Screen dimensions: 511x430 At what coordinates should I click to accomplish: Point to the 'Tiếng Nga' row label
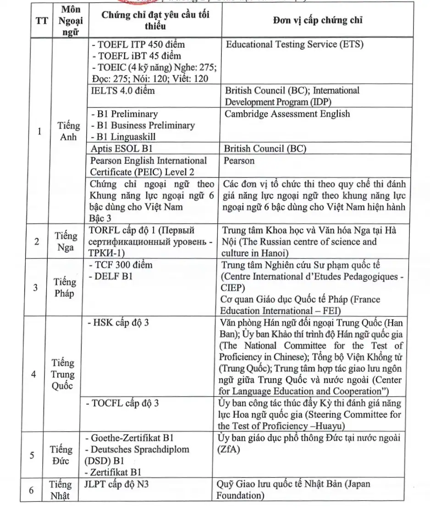66,242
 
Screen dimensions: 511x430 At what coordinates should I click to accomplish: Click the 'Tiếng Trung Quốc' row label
63,374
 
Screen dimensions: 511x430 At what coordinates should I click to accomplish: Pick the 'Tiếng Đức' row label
62,455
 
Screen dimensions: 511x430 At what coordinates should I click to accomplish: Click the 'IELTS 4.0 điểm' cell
123,91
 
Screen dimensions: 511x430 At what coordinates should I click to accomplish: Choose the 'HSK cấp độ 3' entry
117,322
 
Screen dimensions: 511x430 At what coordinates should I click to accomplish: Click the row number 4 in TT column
34,374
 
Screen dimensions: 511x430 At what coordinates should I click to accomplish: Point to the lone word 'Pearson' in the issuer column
239,161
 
